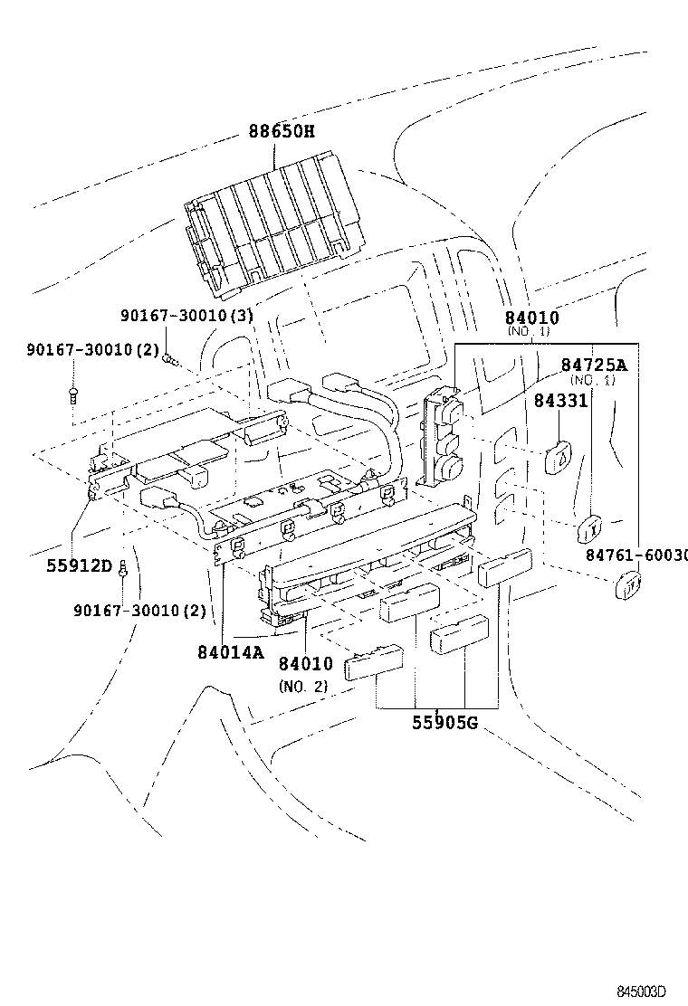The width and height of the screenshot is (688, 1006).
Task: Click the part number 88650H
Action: point(282,132)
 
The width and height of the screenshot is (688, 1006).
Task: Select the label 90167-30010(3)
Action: point(186,316)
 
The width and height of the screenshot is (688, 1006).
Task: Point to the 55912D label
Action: point(80,567)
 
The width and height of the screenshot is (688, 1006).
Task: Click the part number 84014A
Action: point(231,651)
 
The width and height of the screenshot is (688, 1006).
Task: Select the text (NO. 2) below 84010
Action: point(302,686)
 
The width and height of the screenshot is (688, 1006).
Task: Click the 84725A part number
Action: point(593,365)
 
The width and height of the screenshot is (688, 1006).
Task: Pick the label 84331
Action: point(560,400)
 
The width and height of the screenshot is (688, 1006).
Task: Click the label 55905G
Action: point(444,723)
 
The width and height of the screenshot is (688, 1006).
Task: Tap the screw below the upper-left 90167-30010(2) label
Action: point(72,394)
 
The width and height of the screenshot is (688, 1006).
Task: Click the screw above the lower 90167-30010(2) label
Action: point(123,567)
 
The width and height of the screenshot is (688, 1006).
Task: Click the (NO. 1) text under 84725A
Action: point(592,381)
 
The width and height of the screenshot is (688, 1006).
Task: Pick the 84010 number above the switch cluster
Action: point(531,318)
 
